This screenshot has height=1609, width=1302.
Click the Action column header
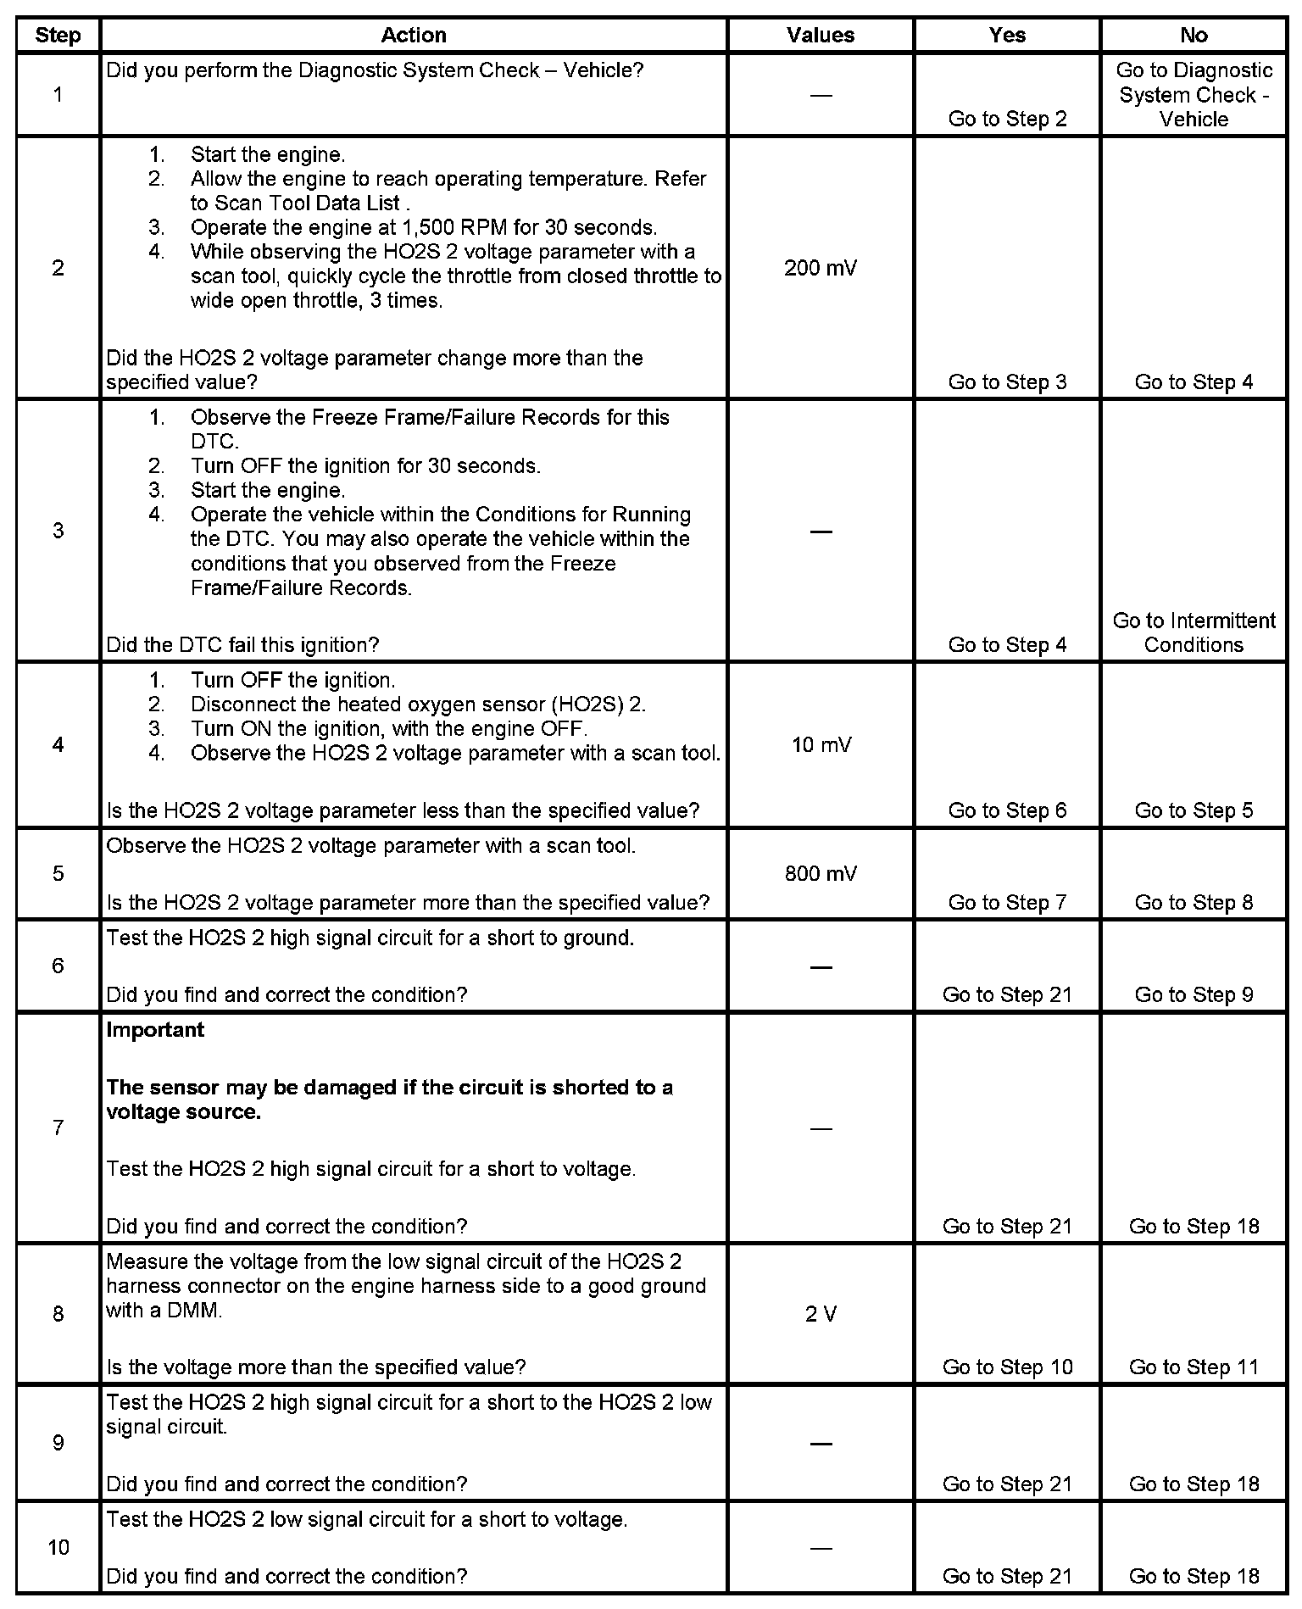(413, 35)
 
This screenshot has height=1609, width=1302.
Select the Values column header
(820, 35)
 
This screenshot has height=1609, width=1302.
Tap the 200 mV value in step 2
(820, 268)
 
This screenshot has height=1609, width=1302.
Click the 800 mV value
(820, 873)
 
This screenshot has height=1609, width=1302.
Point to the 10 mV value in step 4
(821, 745)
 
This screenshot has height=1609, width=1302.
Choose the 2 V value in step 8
(820, 1314)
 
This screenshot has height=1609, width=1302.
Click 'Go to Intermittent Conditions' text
(1193, 632)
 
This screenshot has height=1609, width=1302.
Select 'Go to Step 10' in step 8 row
(1007, 1367)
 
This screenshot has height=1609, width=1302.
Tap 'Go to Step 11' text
(1193, 1367)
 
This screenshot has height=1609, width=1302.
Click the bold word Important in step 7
(155, 1030)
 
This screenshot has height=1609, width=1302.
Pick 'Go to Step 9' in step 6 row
(1193, 994)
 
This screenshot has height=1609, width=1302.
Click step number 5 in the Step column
(58, 873)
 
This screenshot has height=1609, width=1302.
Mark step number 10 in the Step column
(58, 1547)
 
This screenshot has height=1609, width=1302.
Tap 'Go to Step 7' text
(1007, 902)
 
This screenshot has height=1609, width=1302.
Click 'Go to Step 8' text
(1193, 902)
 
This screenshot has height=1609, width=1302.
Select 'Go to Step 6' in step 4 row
(1007, 810)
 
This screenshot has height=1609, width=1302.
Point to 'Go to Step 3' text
(1007, 382)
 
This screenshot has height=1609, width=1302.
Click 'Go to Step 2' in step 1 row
(1007, 119)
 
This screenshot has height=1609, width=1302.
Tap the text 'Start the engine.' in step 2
(267, 154)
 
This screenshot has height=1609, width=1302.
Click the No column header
(1193, 35)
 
